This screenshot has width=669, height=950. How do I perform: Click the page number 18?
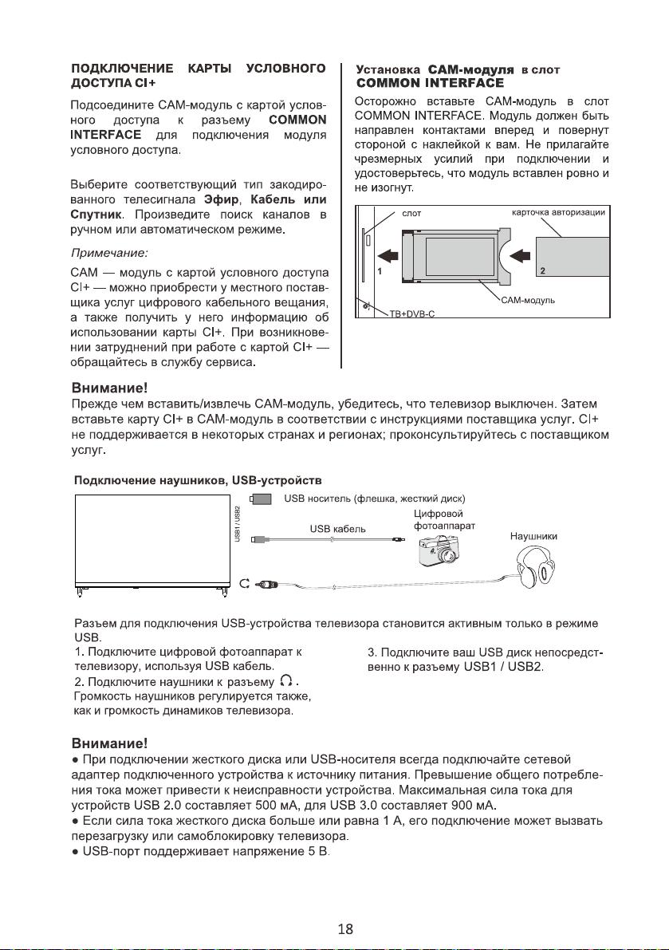(x=346, y=928)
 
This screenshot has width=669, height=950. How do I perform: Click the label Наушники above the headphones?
(x=533, y=538)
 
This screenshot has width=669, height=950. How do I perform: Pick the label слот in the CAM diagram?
(x=411, y=214)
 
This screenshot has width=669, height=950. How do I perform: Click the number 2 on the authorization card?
(x=542, y=271)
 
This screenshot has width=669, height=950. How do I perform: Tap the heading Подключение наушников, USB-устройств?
(x=198, y=480)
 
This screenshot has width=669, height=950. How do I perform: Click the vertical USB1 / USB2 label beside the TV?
(x=237, y=525)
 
